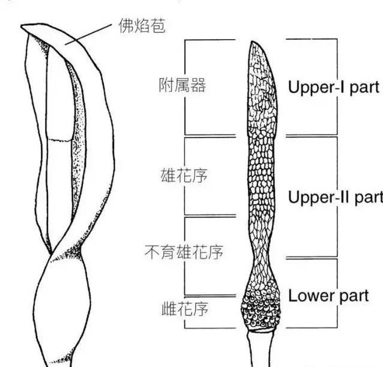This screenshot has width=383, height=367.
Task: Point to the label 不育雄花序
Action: pyautogui.click(x=184, y=252)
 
